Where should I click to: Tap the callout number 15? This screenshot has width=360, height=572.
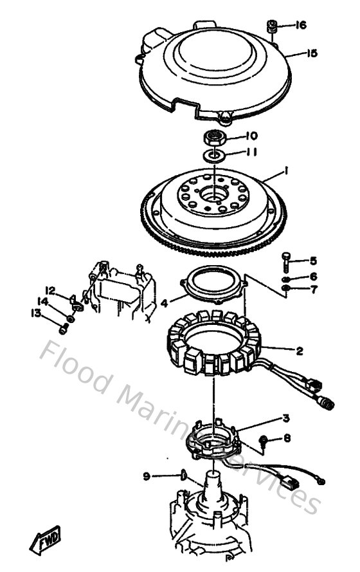coord(311,53)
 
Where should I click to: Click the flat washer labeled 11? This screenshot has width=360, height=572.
coord(215,154)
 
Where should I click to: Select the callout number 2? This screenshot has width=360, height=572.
coord(300,351)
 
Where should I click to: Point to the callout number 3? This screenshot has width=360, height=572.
coord(286,418)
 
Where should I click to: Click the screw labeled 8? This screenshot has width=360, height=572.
coord(264,440)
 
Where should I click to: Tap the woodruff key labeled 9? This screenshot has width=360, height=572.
coord(183,475)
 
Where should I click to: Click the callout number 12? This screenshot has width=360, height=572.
coord(50,290)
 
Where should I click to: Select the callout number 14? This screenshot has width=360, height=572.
coord(42,301)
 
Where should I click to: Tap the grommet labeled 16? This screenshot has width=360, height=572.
coord(272,27)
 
